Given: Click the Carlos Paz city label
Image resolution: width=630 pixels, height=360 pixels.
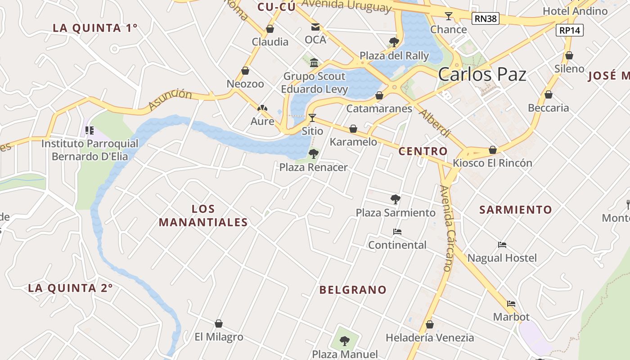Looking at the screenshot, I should point(482,74).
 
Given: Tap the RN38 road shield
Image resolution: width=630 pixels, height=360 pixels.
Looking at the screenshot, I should point(486,18).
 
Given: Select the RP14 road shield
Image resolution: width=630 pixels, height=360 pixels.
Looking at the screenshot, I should point(570,30).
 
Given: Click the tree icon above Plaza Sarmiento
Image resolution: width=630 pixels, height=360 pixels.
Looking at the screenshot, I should point(396,199).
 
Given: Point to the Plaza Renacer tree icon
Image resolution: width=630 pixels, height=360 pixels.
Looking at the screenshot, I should point(313,154).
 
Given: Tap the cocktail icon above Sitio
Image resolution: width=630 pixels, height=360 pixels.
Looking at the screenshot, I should point(312,118).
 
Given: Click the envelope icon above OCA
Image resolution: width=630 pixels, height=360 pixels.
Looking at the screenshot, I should point(315,27).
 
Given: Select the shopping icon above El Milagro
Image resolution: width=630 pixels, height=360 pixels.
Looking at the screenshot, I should point(219,324).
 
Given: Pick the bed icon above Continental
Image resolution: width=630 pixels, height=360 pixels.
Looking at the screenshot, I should point(397,232).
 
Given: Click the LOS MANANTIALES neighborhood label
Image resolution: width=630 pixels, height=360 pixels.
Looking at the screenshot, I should point(203,216).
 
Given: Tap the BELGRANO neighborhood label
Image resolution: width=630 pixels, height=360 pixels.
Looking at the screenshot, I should point(353,290).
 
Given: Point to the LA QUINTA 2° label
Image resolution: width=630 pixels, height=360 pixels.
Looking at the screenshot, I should point(70,288).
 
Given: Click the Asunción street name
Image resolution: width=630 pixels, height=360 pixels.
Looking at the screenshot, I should point(170,99).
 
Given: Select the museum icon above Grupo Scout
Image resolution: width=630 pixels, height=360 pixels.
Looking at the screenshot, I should point(314,63).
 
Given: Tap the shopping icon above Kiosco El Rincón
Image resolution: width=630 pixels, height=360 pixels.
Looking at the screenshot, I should point(493,150).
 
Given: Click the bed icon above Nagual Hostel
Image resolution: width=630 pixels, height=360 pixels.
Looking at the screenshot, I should point(502,245).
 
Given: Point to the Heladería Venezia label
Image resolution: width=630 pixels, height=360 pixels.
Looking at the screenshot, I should point(430,337).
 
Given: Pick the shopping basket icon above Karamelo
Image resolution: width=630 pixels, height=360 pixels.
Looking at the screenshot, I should point(353,129).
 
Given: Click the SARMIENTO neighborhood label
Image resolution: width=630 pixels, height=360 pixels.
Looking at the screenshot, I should point(515,210).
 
